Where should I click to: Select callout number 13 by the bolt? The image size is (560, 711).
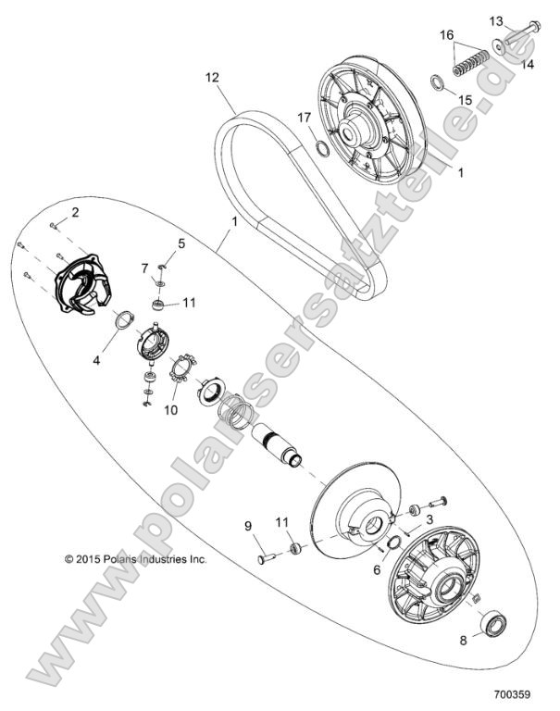click(x=495, y=19)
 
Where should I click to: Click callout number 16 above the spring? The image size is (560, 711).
click(x=447, y=34)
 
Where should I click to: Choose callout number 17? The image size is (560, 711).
click(x=303, y=117)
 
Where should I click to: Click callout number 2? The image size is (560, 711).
click(x=76, y=214)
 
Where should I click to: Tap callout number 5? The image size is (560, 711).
click(x=181, y=243)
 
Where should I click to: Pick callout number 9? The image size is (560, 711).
click(x=248, y=527)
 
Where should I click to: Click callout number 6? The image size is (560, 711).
click(x=377, y=571)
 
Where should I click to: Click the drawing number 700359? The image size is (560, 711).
click(x=510, y=692)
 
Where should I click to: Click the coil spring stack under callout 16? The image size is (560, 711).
click(x=469, y=66)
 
